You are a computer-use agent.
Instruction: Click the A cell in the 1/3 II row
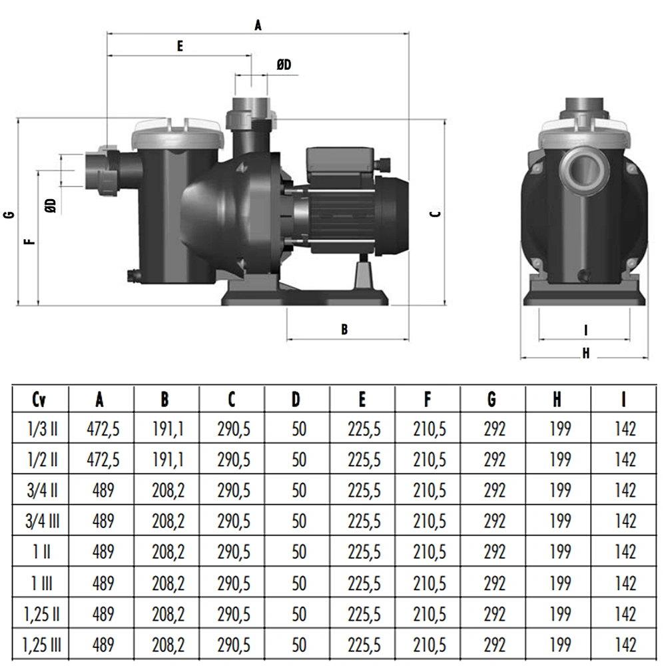pyautogui.click(x=103, y=429)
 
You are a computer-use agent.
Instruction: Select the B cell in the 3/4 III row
pyautogui.click(x=168, y=521)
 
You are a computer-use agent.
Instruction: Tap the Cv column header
pyautogui.click(x=39, y=399)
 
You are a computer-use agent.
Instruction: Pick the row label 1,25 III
pyautogui.click(x=41, y=645)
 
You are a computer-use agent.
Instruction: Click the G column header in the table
pyautogui.click(x=492, y=399)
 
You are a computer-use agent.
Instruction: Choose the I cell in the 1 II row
pyautogui.click(x=625, y=552)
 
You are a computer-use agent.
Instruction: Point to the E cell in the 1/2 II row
pyautogui.click(x=364, y=460)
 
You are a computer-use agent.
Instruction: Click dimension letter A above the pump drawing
pyautogui.click(x=258, y=25)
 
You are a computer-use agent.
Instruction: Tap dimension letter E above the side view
pyautogui.click(x=180, y=46)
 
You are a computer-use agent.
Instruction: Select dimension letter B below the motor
pyautogui.click(x=344, y=329)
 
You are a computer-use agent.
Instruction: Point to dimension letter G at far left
pyautogui.click(x=9, y=214)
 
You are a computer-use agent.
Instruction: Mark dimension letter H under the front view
pyautogui.click(x=585, y=354)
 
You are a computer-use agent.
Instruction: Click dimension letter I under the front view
pyautogui.click(x=585, y=330)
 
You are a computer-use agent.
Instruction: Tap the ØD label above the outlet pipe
pyautogui.click(x=284, y=65)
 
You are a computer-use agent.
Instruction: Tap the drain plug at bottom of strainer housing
pyautogui.click(x=133, y=275)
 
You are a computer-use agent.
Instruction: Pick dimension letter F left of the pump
pyautogui.click(x=29, y=242)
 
